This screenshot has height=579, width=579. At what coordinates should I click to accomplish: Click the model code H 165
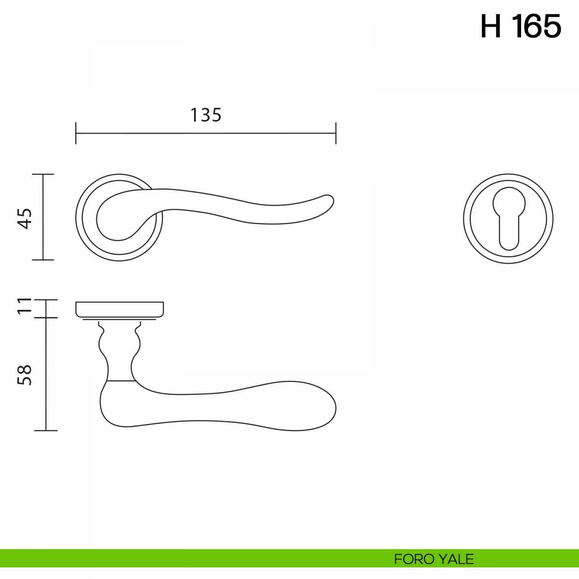click(x=521, y=26)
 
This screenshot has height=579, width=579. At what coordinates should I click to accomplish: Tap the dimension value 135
click(x=206, y=115)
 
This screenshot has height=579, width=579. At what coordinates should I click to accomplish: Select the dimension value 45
click(x=25, y=219)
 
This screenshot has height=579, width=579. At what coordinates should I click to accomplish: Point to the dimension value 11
click(x=25, y=306)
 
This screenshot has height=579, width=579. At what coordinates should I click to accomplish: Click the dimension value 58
click(x=25, y=375)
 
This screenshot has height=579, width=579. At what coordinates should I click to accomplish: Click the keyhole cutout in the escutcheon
click(x=509, y=219)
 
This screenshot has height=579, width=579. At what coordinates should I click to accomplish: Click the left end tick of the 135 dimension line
click(x=76, y=133)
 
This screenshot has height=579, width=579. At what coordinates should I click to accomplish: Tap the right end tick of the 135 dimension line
click(x=336, y=133)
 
